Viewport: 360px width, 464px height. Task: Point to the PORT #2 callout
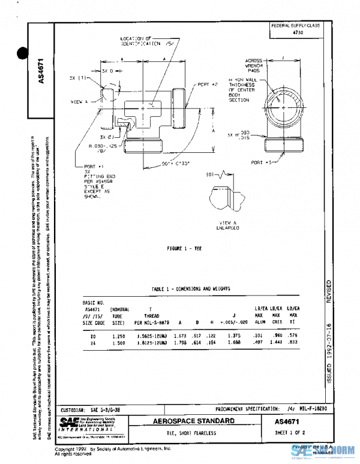click(208, 85)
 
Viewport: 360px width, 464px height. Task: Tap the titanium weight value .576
click(293, 338)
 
